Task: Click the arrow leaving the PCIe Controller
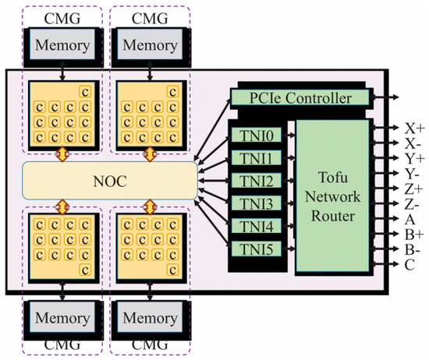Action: pyautogui.click(x=386, y=98)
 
